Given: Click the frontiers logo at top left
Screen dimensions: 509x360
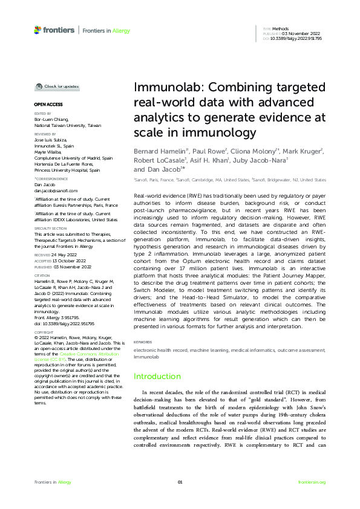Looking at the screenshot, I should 54,29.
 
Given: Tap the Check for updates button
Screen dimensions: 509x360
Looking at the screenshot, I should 57,86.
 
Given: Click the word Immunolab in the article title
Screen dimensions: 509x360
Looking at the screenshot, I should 160,88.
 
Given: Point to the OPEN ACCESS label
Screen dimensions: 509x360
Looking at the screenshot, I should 47,105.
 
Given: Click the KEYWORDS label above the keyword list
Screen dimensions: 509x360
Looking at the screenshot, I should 143,341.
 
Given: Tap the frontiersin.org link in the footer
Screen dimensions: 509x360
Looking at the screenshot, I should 312,482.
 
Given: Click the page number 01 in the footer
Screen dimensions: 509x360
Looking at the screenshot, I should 180,482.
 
